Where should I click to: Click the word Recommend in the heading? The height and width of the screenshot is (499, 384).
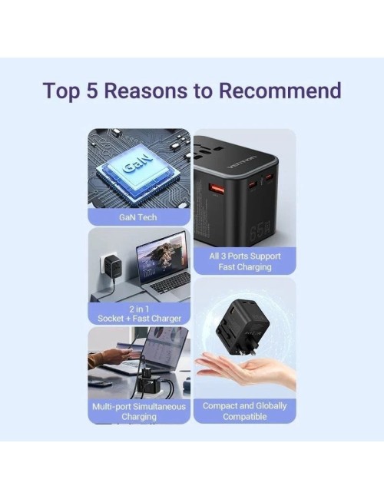coord(280,90)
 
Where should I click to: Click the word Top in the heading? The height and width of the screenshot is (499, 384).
coord(61,90)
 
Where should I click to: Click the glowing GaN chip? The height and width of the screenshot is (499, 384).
coord(138,167)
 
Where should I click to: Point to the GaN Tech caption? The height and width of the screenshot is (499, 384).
coord(138,217)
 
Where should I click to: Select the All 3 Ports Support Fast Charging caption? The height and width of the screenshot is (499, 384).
coord(244,261)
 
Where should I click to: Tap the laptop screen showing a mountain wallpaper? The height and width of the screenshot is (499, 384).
coord(161,257)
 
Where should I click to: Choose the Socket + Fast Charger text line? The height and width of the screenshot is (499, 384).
coord(138,318)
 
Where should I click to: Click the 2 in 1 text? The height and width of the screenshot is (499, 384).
coord(138,309)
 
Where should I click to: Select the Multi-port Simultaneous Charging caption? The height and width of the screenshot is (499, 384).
coord(138,411)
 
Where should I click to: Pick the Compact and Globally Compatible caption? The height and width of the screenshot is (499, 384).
coord(244,411)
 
